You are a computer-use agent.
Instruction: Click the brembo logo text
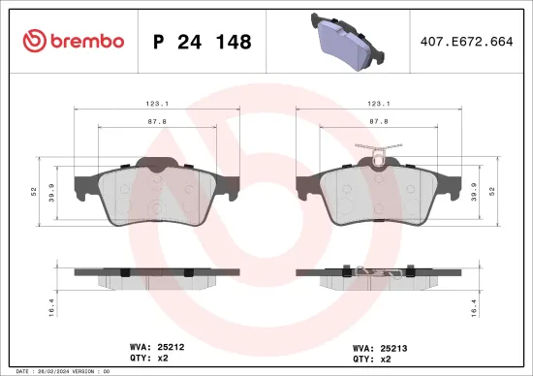(x=73, y=41)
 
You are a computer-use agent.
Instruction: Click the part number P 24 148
(x=203, y=42)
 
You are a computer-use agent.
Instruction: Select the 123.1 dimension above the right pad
(x=379, y=102)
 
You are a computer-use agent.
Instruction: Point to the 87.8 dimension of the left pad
(x=158, y=123)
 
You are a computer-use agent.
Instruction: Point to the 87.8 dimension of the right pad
(x=379, y=123)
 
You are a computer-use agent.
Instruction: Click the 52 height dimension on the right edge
(x=491, y=190)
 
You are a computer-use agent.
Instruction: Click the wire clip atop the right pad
(x=379, y=152)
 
